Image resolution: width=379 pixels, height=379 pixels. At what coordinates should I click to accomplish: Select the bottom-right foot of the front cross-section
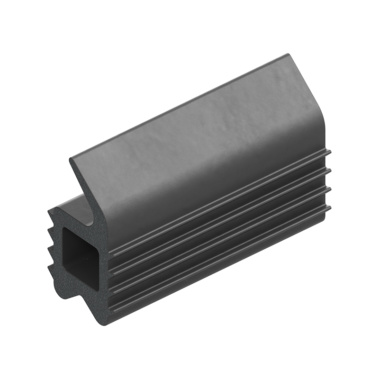coord(107,322)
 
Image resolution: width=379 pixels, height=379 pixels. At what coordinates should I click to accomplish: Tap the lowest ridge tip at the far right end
coord(329,208)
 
